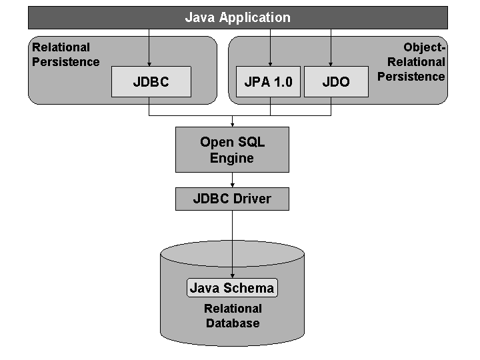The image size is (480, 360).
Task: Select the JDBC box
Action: coord(151,82)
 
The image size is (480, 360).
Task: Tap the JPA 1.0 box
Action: coord(269,82)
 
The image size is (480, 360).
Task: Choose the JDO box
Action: coord(336,82)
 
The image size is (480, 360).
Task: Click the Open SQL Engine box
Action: coord(232,150)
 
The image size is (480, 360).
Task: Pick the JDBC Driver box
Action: coord(232,199)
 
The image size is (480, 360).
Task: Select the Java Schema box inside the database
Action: coord(232,288)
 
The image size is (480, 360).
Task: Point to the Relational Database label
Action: coord(233,316)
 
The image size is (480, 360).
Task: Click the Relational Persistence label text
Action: coord(65,55)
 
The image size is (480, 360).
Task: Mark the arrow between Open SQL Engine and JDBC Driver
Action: coord(232,180)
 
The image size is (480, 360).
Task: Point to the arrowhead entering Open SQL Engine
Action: coord(232,124)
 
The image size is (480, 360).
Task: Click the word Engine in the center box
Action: coord(232,159)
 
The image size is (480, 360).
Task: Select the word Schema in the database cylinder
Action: coord(251,288)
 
